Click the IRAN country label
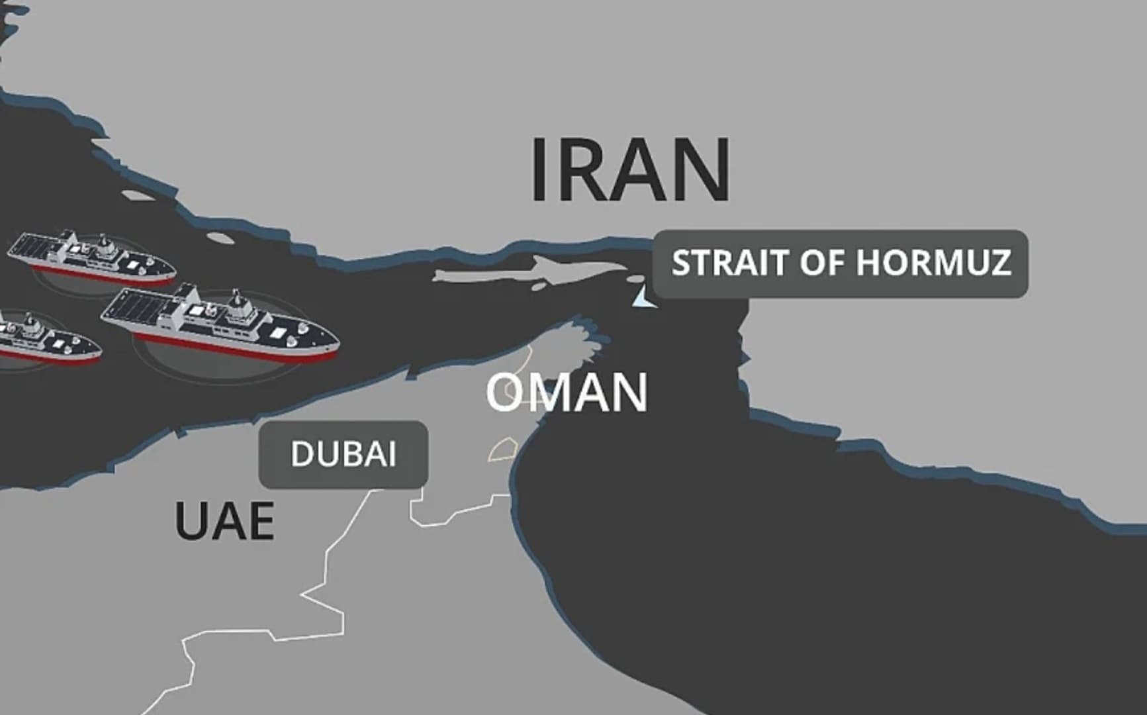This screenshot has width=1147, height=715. click(x=631, y=170)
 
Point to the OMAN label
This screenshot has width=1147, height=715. click(x=567, y=393)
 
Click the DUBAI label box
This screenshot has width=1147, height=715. click(x=343, y=455)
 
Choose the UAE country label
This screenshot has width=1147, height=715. click(x=224, y=521)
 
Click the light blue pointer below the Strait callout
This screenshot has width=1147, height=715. click(x=643, y=298)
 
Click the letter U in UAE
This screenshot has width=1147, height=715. click(x=189, y=521)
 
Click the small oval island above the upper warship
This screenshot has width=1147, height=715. click(x=136, y=197)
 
